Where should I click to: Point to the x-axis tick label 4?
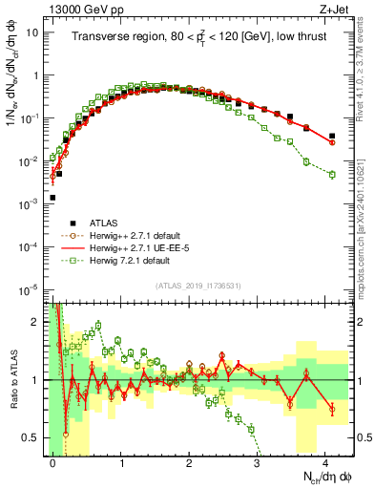325,462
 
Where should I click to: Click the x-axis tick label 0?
52,462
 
